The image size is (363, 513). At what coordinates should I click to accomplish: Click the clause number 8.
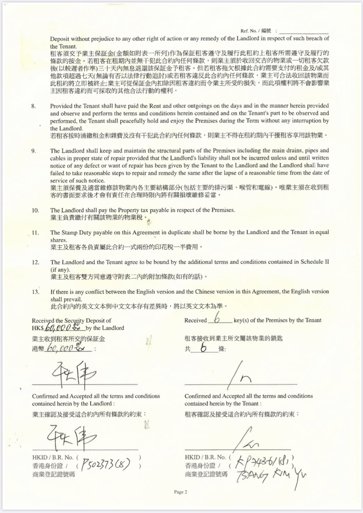(34, 106)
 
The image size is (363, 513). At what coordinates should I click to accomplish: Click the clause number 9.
(34, 151)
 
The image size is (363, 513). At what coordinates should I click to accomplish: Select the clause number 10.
(35, 210)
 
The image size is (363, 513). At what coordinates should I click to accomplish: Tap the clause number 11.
(35, 233)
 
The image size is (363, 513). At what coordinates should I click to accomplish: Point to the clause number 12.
(35, 262)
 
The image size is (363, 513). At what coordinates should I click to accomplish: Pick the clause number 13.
(35, 292)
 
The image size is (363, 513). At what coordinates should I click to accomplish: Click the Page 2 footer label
(180, 492)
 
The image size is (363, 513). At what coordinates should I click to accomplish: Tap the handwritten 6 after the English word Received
(217, 319)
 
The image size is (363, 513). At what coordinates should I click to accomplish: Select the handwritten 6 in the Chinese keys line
(204, 348)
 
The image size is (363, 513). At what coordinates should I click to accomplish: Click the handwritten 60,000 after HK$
(64, 327)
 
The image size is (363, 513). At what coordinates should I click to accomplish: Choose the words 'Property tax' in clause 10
(132, 210)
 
